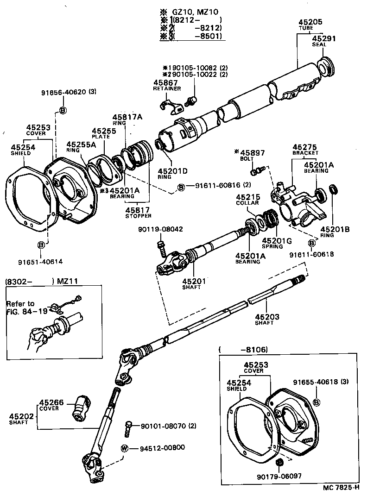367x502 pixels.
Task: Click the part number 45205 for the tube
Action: [310, 22]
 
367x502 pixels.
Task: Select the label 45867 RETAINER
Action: [167, 85]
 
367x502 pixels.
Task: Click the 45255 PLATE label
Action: [104, 133]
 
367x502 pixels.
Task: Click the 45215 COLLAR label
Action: [248, 200]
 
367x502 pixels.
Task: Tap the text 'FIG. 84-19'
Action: [26, 311]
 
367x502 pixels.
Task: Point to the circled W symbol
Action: [124, 448]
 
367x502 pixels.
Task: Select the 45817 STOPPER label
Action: [137, 212]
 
